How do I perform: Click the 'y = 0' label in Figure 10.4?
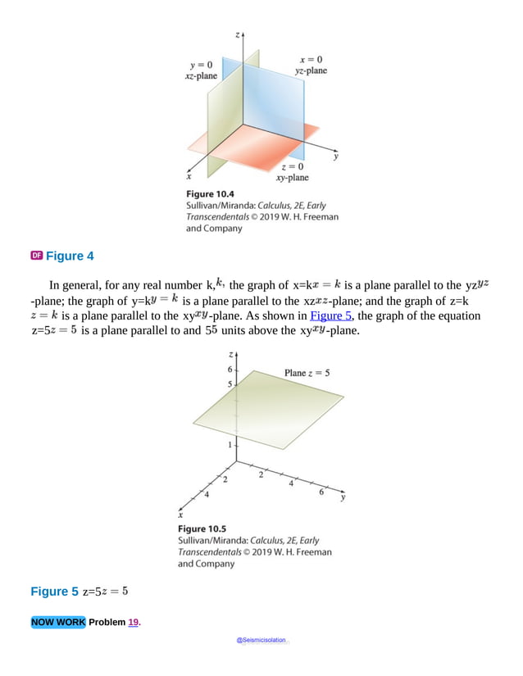tap(202, 65)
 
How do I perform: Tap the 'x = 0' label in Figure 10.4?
tap(311, 59)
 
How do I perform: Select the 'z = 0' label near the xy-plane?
tap(292, 166)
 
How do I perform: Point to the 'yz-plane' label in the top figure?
tap(311, 70)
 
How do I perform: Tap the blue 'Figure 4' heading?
tap(70, 256)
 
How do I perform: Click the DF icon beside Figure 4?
tap(36, 256)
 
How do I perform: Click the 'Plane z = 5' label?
tap(307, 373)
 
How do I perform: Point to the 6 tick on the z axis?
tap(230, 370)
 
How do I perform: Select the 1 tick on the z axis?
tap(230, 444)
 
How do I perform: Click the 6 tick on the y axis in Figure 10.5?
tap(321, 492)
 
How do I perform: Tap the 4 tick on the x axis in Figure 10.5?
tap(207, 495)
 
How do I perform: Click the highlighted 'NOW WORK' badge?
tap(58, 622)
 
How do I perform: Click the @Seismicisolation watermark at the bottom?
tap(262, 641)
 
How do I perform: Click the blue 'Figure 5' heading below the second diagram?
tap(55, 592)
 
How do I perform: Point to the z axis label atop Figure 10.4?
tap(237, 35)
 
